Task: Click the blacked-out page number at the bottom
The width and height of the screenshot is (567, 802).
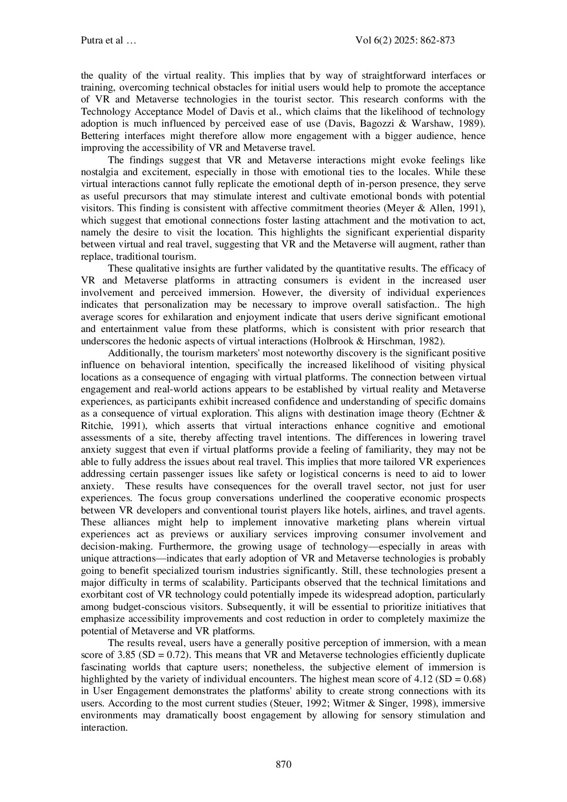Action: pyautogui.click(x=283, y=762)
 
